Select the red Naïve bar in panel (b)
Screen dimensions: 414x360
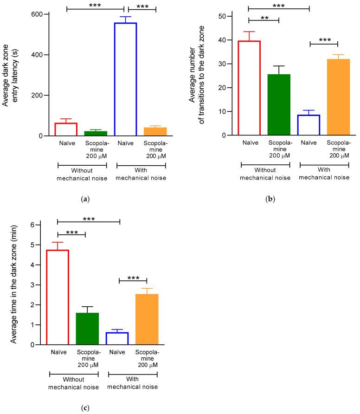pos(249,88)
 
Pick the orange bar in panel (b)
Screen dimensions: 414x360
pos(339,97)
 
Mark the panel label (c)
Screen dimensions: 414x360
pos(85,408)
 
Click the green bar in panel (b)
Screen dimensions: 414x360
pos(279,104)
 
